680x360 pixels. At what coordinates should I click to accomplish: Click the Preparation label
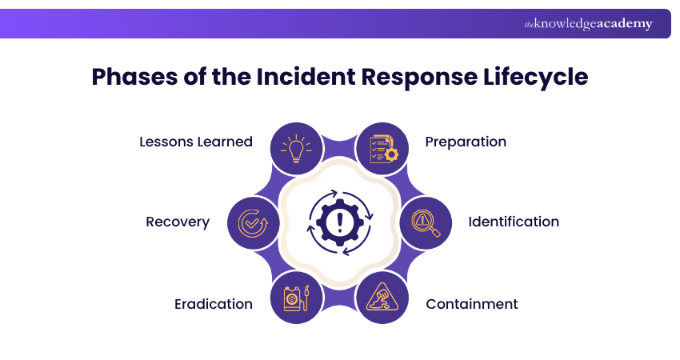(x=466, y=142)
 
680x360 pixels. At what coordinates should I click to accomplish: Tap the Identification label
(x=514, y=222)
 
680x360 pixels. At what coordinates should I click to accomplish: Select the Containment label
(x=471, y=304)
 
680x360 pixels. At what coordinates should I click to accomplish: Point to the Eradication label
(x=214, y=304)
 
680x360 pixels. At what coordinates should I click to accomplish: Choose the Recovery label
(x=178, y=222)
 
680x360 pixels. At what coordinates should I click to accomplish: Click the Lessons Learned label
(x=196, y=142)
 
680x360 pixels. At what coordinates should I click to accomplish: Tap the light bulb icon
(x=297, y=148)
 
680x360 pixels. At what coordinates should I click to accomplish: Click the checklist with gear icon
(x=382, y=148)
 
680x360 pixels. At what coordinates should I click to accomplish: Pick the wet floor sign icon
(x=382, y=298)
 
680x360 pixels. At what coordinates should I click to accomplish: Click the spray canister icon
(x=297, y=298)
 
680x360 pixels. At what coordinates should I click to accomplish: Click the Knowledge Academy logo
(x=588, y=24)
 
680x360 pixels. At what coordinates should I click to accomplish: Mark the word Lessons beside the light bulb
(x=167, y=142)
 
